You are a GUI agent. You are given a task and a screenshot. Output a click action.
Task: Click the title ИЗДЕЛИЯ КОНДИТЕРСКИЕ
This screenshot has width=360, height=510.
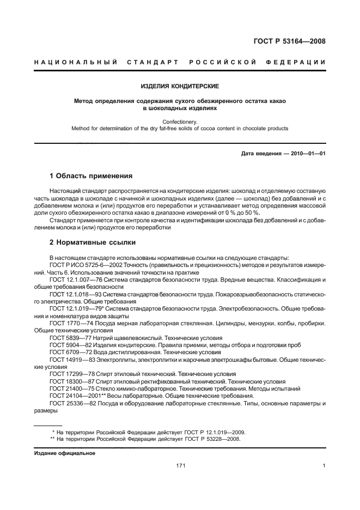pos(180,86)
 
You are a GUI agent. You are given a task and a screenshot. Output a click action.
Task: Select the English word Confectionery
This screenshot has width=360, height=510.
pos(180,122)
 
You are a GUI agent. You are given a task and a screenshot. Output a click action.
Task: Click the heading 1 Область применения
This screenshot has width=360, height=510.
pos(91,176)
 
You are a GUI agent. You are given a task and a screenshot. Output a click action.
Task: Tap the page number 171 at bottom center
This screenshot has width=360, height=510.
pos(181,466)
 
